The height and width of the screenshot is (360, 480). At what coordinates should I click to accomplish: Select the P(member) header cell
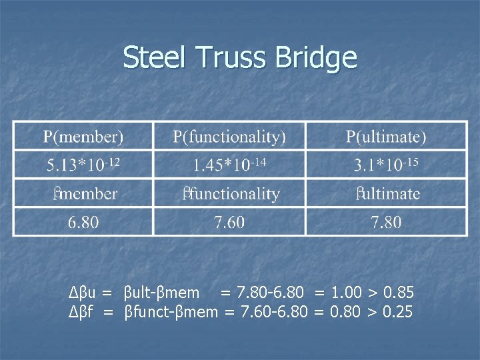pyautogui.click(x=83, y=137)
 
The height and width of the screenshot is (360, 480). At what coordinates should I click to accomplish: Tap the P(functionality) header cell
pyautogui.click(x=229, y=137)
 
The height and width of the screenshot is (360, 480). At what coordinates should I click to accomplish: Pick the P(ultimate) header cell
pyautogui.click(x=386, y=137)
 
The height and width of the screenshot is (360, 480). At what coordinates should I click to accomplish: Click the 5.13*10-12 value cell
pyautogui.click(x=83, y=165)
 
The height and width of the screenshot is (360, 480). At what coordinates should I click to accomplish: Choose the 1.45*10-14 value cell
pyautogui.click(x=229, y=165)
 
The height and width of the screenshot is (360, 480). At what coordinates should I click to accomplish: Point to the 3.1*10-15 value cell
pyautogui.click(x=386, y=165)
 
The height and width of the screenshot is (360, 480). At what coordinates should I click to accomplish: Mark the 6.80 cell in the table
pyautogui.click(x=83, y=222)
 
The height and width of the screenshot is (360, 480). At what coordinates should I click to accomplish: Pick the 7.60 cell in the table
pyautogui.click(x=229, y=222)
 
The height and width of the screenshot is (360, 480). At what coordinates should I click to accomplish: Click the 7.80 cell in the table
pyautogui.click(x=386, y=222)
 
